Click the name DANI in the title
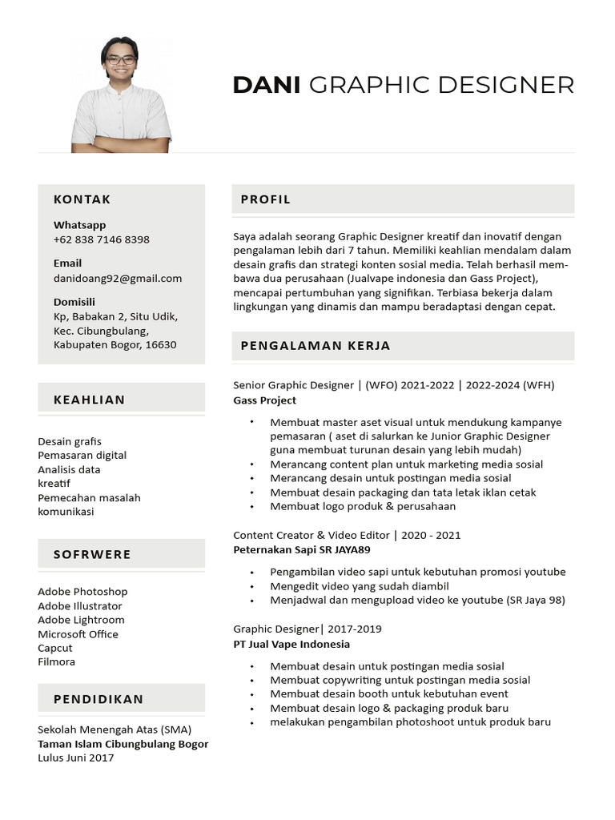coord(266,85)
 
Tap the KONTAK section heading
coord(82,199)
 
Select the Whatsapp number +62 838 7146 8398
coord(102,239)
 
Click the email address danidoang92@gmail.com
coord(118,279)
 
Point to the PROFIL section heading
coord(266,199)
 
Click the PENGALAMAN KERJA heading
coord(316,346)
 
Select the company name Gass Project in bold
coord(265,400)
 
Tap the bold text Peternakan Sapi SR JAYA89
coord(302,550)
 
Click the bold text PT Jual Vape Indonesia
coord(291,644)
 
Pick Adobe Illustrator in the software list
coord(80,606)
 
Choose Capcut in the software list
coord(55,648)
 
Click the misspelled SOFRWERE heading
coord(92,554)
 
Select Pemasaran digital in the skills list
coord(82,456)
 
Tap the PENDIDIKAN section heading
coord(98,699)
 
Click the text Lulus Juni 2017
coord(76,758)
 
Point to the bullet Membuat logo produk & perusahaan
coord(363,506)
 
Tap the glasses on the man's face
coord(121,59)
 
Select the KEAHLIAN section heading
coord(90,400)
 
